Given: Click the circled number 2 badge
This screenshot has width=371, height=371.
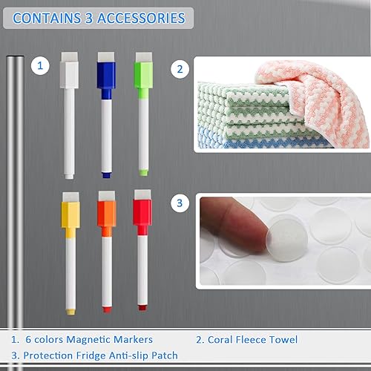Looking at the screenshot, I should click(179, 69).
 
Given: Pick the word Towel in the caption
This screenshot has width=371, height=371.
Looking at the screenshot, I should click(281, 339).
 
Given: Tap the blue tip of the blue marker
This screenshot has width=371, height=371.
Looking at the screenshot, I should click(105, 174).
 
